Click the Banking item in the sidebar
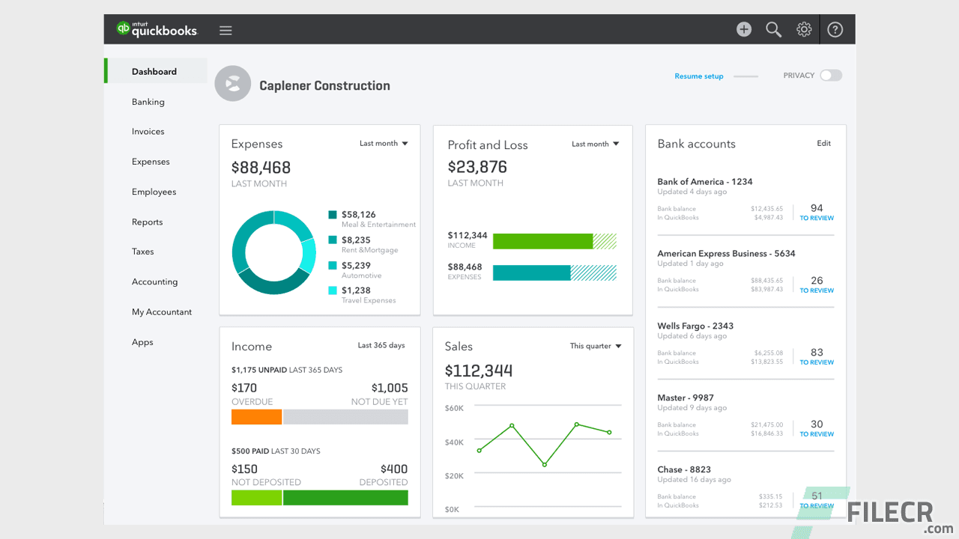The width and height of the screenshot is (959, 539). click(148, 102)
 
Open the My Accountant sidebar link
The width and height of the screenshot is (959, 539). click(162, 312)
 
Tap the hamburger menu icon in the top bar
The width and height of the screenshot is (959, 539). click(226, 31)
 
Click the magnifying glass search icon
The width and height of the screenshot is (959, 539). click(773, 30)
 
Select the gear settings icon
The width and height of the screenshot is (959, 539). click(804, 30)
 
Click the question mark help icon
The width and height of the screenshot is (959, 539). click(835, 30)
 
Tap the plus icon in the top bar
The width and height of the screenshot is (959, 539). click(743, 30)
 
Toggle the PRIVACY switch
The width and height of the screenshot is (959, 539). click(830, 76)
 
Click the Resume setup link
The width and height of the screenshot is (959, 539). click(698, 76)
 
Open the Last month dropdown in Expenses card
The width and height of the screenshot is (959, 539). click(384, 144)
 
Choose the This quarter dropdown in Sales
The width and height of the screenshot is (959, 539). click(596, 347)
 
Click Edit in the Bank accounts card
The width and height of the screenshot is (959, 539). click(823, 144)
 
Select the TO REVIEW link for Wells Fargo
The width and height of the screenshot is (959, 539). click(817, 362)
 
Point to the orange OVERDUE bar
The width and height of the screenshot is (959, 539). click(256, 417)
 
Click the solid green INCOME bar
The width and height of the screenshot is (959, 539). click(542, 241)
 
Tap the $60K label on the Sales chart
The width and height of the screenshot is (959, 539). click(454, 408)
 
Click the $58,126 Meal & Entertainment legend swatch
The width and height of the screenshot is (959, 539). click(333, 215)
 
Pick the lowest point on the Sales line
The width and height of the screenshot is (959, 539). click(545, 465)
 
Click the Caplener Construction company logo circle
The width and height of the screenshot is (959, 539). click(232, 84)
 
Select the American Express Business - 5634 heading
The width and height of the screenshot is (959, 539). click(726, 254)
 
